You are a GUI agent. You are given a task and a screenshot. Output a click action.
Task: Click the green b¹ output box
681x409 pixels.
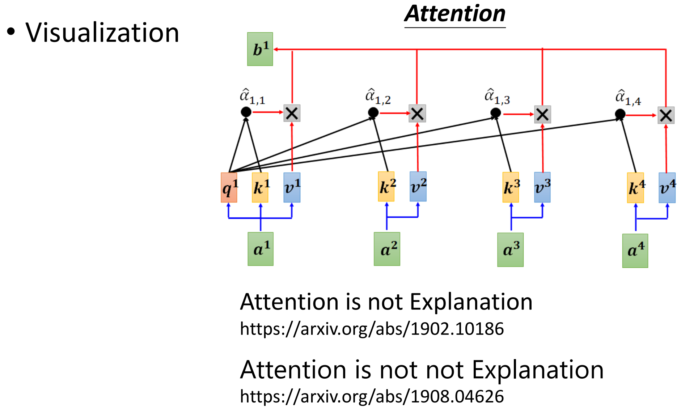[x=260, y=49]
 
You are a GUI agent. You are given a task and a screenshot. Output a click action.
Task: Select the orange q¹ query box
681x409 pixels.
[x=229, y=187]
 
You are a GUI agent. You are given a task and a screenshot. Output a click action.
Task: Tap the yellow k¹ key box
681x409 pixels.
[x=260, y=187]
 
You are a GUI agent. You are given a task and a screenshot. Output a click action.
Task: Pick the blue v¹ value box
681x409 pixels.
[x=292, y=187]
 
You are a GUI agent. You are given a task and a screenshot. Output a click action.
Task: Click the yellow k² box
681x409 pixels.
[x=386, y=187]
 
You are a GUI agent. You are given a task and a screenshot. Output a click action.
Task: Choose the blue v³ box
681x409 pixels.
[x=542, y=187]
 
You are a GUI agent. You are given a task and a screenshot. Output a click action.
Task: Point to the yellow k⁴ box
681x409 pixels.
[x=635, y=188]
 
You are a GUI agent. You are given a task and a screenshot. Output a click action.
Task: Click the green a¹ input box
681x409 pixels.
[x=261, y=249]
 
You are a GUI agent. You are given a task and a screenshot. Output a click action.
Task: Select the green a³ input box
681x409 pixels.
[x=510, y=250]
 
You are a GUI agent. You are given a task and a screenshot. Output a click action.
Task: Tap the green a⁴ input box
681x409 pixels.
[x=635, y=251]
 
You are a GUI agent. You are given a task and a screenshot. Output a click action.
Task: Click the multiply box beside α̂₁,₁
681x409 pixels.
[x=292, y=113]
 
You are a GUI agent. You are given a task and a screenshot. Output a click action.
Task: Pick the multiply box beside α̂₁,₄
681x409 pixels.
[x=666, y=115]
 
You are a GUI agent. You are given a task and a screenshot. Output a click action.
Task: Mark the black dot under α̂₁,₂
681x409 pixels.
[x=373, y=113]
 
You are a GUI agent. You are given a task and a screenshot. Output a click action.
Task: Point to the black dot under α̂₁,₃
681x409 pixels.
[x=495, y=113]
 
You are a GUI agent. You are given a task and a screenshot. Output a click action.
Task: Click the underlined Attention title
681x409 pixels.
[x=455, y=14]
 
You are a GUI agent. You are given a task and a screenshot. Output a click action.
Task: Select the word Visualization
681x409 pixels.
[x=102, y=33]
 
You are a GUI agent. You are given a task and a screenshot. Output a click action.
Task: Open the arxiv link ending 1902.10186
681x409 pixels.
[x=372, y=329]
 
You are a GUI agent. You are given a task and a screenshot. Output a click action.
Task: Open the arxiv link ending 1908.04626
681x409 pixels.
[x=372, y=396]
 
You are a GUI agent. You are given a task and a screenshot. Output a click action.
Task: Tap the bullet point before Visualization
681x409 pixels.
[x=11, y=32]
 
